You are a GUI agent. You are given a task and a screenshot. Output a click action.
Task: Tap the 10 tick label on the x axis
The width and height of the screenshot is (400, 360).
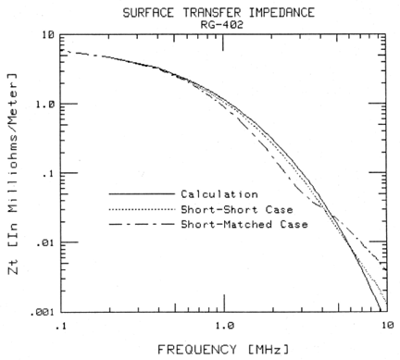[384, 327]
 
